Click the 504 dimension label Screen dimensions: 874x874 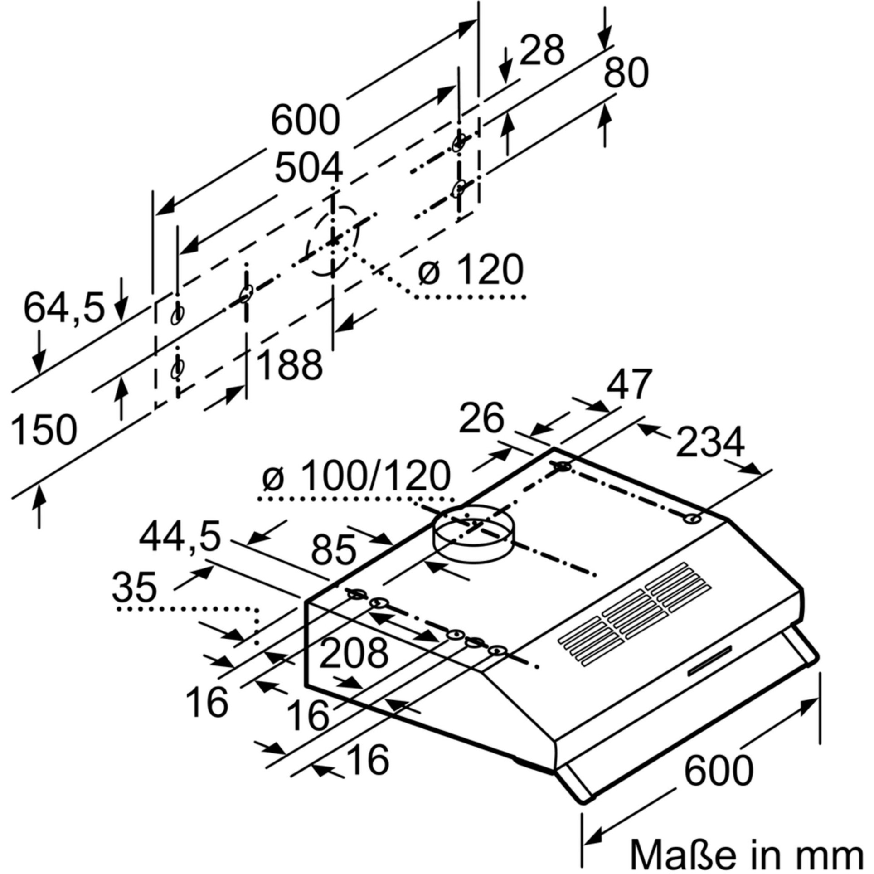309,167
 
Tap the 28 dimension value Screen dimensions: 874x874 542,50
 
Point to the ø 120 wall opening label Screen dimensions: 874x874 471,271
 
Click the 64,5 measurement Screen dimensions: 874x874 64,308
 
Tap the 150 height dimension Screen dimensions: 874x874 44,430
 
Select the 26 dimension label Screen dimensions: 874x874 481,418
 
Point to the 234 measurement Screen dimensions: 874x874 710,442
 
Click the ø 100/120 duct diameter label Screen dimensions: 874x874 356,476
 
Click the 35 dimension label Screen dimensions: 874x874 135,587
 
